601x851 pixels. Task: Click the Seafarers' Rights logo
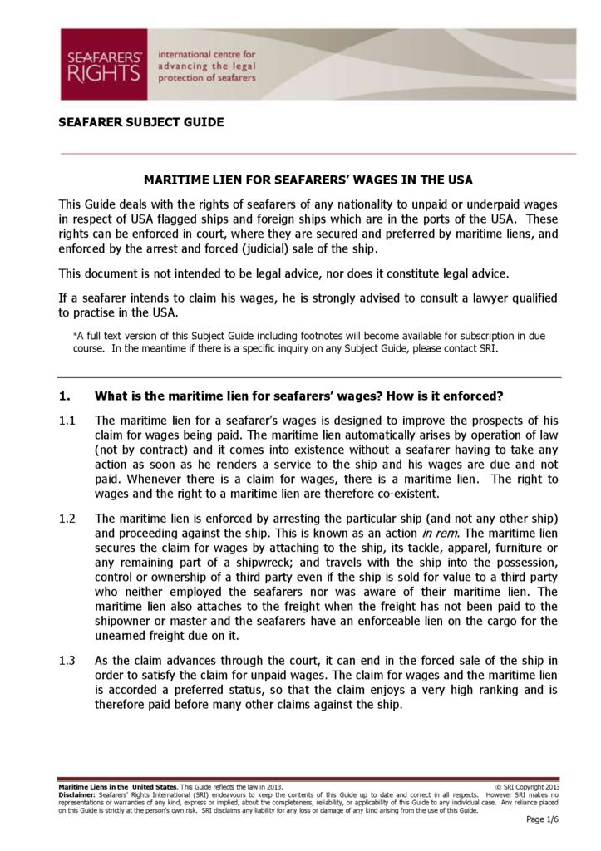103,64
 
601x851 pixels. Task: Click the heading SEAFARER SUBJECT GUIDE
140,122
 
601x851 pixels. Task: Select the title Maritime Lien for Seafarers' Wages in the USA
308,180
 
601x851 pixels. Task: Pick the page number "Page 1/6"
543,820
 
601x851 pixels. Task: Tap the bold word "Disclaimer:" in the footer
76,794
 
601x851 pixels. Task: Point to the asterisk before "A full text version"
75,336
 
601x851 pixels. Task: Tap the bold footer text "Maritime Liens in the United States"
117,786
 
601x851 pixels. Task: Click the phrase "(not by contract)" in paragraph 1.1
140,450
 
